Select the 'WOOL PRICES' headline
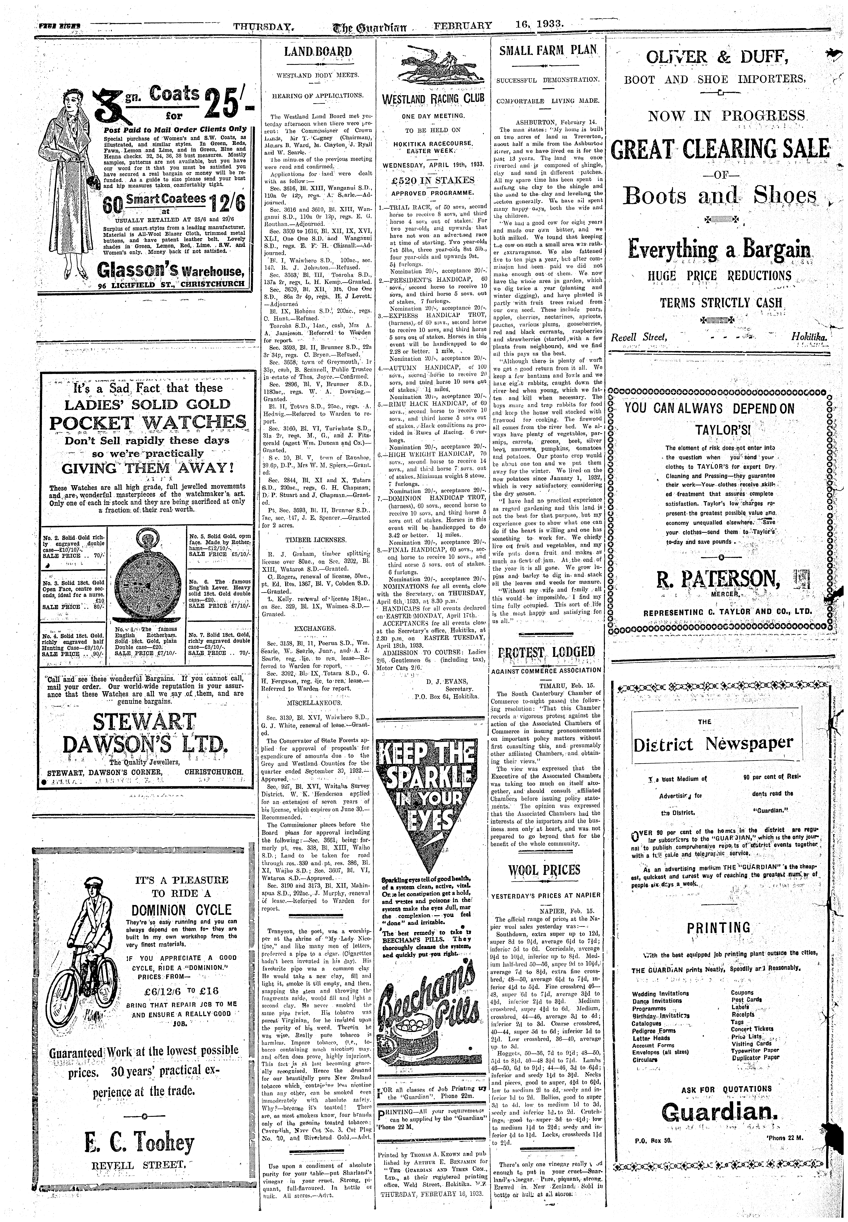(x=545, y=870)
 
